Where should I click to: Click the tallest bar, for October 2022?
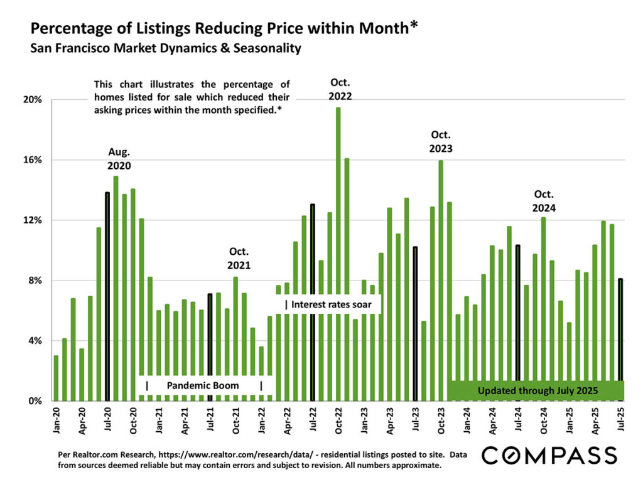[338, 251]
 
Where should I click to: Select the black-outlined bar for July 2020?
[107, 295]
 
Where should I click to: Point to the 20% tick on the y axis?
[33, 100]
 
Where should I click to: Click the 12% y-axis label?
[33, 220]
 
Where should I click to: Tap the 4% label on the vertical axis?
[35, 341]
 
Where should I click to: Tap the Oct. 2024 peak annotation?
[544, 201]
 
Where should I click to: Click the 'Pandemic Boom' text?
[203, 385]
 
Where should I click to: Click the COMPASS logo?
[549, 455]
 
